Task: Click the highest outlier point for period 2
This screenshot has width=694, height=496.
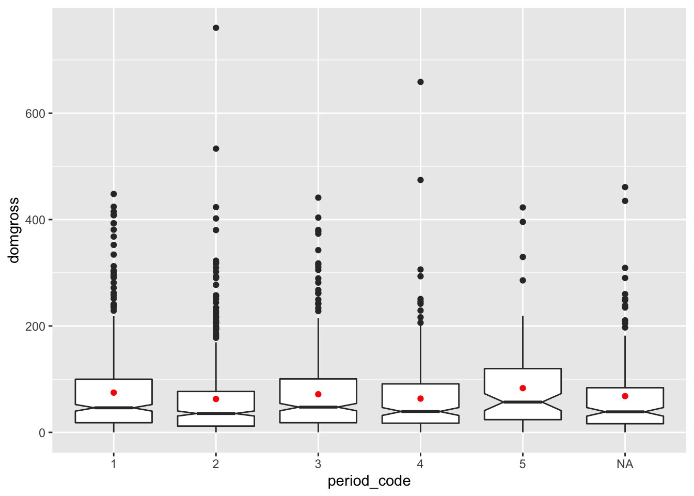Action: tap(216, 28)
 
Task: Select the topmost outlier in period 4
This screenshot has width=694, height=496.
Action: tap(420, 82)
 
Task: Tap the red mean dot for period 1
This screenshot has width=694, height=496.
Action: tap(114, 393)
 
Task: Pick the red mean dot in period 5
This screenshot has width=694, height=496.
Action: tap(523, 388)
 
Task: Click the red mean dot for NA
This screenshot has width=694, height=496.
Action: tap(625, 396)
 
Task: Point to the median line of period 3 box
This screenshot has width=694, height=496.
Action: tap(318, 407)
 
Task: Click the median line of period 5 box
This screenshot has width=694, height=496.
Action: tap(523, 402)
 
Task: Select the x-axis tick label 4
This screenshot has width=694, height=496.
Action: tap(420, 464)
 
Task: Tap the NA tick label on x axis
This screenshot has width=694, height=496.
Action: tap(625, 464)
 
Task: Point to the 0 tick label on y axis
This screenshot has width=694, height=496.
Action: tap(42, 433)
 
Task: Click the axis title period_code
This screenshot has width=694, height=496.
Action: tap(369, 482)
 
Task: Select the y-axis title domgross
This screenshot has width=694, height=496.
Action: tap(14, 230)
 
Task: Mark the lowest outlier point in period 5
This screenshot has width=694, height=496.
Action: tap(523, 281)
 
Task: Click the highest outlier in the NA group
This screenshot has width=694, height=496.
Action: tap(625, 187)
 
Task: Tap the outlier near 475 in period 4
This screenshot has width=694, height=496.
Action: tap(420, 180)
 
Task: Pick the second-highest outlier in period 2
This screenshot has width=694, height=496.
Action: tap(216, 149)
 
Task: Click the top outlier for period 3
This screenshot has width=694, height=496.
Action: tap(318, 197)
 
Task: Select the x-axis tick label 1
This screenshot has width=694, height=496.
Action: tap(114, 464)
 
